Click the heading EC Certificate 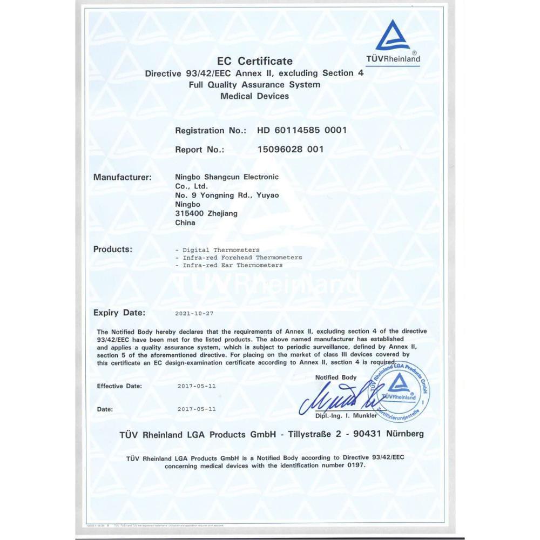[254, 61]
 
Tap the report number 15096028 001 [291, 150]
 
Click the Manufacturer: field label [122, 177]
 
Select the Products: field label [112, 249]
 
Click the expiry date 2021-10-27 [195, 313]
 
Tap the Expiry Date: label [119, 313]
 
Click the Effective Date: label [119, 386]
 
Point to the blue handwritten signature [335, 400]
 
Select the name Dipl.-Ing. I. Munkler [347, 416]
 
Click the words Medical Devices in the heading [255, 96]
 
